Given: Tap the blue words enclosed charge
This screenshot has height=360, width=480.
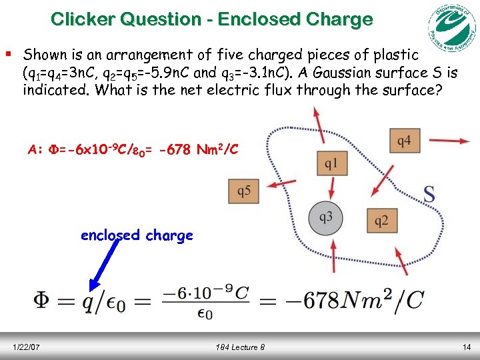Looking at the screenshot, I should pos(137,235).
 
